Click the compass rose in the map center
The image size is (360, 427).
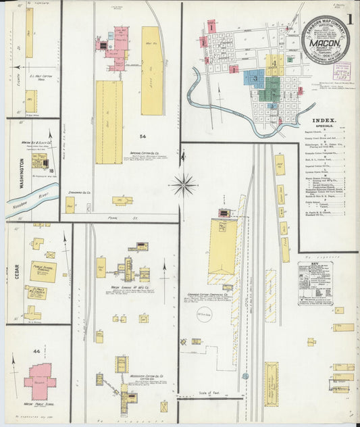[183, 183]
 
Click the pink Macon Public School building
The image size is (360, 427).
[41, 380]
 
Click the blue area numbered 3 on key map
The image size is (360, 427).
[255, 78]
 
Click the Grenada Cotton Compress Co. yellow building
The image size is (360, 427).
[223, 250]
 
